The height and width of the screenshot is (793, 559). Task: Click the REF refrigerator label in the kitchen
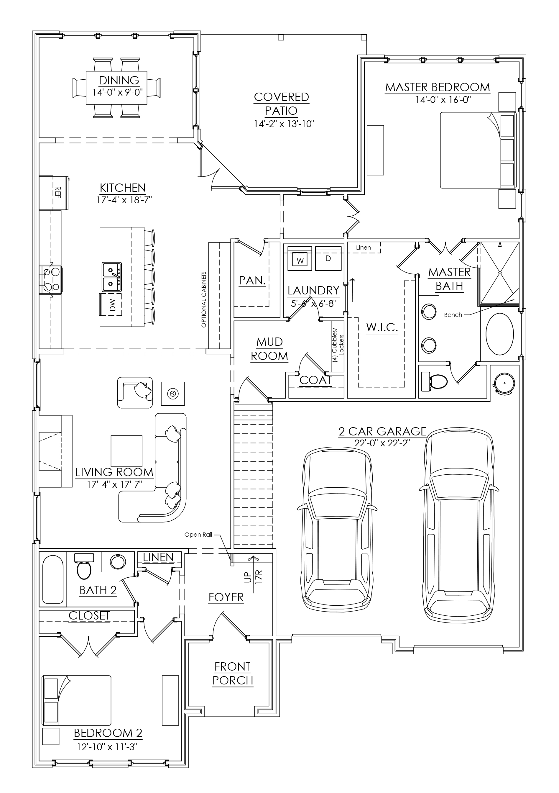pos(57,193)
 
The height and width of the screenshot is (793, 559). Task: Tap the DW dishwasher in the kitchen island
pos(111,305)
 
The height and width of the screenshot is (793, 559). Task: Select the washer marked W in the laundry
pos(300,258)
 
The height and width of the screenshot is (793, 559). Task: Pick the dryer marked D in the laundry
pos(328,258)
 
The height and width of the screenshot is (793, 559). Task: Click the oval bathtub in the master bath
pos(500,334)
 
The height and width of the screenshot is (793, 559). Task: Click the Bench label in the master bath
pos(453,315)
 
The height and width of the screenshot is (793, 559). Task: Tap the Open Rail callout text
pos(198,535)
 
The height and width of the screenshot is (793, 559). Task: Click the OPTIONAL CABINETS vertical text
pos(204,299)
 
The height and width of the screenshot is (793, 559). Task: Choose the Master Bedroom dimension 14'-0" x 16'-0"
pos(443,100)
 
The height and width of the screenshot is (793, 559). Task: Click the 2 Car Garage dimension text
pos(382,443)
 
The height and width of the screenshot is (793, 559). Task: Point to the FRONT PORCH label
pos(233,674)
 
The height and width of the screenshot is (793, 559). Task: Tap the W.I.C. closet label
pos(382,327)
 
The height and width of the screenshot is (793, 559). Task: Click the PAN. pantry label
pos(252,281)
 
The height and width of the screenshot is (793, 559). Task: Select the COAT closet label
pos(315,380)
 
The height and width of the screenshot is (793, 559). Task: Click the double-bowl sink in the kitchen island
pos(111,277)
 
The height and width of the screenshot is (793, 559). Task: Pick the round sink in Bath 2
pos(118,562)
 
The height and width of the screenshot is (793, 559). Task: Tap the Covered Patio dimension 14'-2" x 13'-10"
pos(284,124)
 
